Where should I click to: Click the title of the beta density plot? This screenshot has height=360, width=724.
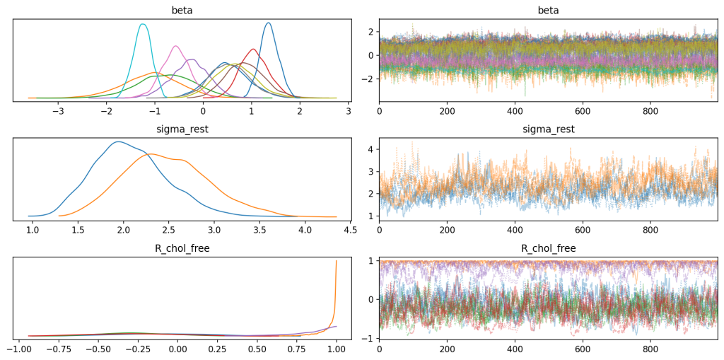(x=182, y=11)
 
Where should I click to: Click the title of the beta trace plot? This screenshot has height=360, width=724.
(x=548, y=11)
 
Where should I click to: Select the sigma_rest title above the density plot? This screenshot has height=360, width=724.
(x=182, y=129)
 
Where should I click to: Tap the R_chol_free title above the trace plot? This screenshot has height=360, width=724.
(x=548, y=248)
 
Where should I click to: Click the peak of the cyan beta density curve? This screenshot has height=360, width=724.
(x=143, y=24)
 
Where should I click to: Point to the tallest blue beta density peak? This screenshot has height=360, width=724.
(x=268, y=23)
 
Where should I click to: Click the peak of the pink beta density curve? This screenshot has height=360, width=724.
(x=176, y=46)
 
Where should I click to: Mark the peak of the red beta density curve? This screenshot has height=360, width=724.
(x=253, y=49)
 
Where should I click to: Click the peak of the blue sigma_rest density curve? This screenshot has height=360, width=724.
(x=117, y=141)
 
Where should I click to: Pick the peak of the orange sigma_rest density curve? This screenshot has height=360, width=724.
(x=150, y=154)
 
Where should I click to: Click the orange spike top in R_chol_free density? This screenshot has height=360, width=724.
(x=337, y=261)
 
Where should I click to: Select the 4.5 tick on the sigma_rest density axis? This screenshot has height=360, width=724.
(x=350, y=230)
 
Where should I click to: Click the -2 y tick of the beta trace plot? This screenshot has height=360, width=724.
(x=370, y=79)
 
